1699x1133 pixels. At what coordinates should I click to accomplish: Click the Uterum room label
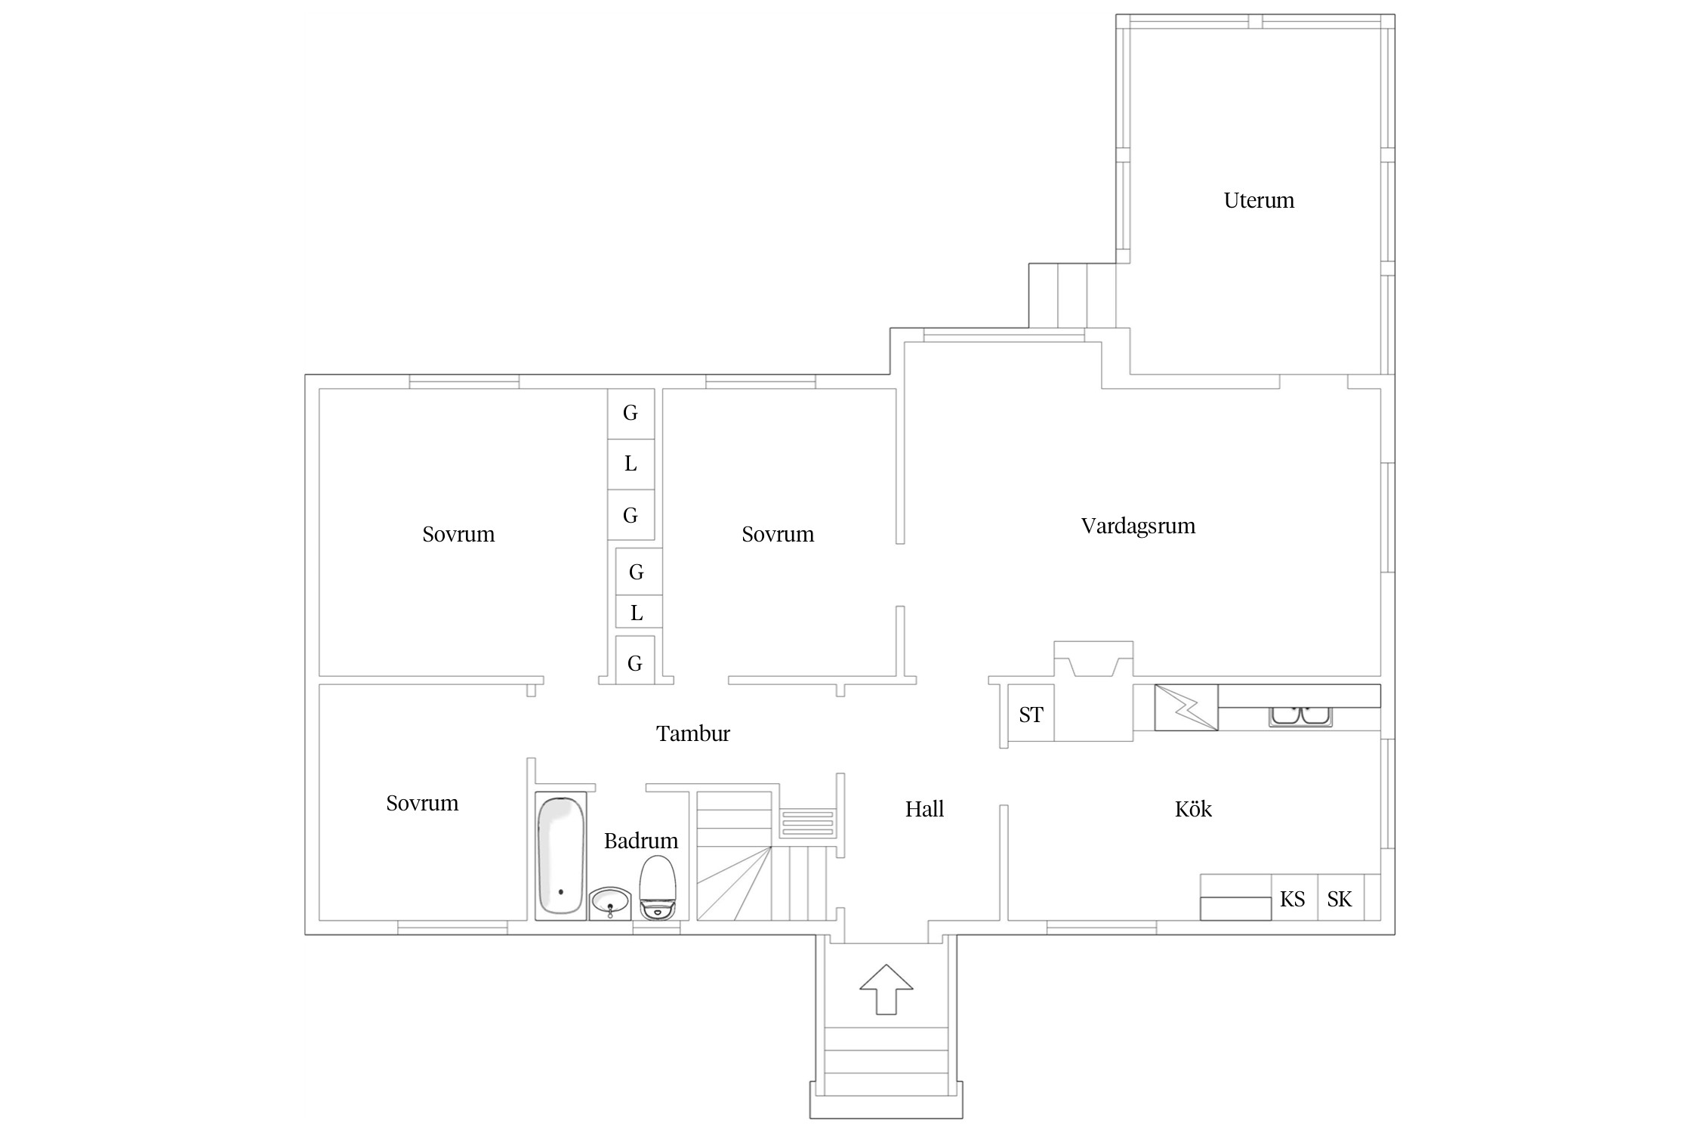[x=1259, y=200]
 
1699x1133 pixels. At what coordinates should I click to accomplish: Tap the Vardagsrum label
[x=1138, y=526]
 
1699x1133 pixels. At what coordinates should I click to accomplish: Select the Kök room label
[x=1193, y=809]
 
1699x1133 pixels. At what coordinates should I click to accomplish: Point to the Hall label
[x=924, y=809]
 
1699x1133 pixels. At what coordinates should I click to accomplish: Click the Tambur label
[x=692, y=733]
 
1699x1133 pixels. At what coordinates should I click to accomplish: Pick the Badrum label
[x=640, y=841]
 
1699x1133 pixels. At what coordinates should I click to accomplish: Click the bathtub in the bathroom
[x=560, y=855]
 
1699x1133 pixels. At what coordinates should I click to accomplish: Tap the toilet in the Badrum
[x=658, y=887]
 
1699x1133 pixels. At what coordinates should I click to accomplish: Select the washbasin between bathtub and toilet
[x=610, y=903]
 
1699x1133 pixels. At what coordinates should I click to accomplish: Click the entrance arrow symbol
[x=886, y=989]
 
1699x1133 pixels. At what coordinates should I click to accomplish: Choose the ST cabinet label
[x=1031, y=715]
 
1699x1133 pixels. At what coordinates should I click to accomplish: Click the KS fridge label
[x=1292, y=899]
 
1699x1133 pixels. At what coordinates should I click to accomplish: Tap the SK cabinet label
[x=1339, y=899]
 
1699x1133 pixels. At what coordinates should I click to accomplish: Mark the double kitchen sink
[x=1300, y=716]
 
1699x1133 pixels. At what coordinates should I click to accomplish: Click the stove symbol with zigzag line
[x=1186, y=708]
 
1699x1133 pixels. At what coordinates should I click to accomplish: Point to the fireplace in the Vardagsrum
[x=1093, y=659]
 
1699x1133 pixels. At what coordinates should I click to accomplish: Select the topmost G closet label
[x=630, y=412]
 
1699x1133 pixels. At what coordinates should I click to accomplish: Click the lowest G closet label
[x=634, y=663]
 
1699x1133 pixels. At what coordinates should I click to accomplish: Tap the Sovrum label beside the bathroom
[x=422, y=803]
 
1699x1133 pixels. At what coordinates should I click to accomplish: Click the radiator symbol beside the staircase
[x=807, y=823]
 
